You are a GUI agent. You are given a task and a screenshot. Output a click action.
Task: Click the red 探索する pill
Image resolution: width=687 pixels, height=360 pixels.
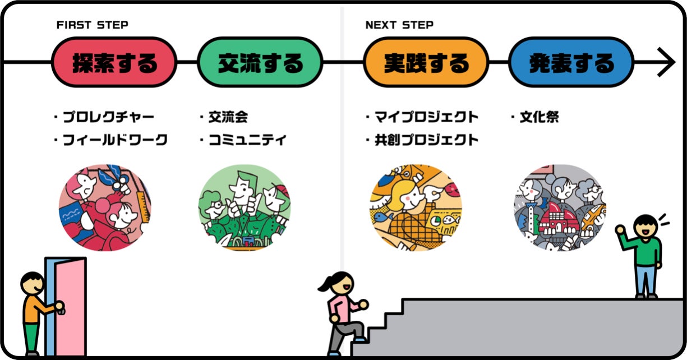[x=114, y=63]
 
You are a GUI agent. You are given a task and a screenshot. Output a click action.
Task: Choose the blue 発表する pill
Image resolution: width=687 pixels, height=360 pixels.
[x=571, y=63]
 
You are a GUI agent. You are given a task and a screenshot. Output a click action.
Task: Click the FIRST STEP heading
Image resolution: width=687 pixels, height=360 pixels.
[x=92, y=25]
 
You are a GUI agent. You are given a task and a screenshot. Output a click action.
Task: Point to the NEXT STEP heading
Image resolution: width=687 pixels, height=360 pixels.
[x=399, y=25]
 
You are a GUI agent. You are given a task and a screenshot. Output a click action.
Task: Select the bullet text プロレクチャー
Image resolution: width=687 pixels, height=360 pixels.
[x=108, y=117]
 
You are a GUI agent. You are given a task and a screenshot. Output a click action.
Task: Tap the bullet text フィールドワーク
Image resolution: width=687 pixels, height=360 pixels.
[x=114, y=140]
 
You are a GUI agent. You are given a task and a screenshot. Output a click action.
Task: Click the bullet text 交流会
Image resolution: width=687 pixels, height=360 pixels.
[x=227, y=117]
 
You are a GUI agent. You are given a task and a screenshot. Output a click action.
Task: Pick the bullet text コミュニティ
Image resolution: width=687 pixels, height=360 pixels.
[x=246, y=140]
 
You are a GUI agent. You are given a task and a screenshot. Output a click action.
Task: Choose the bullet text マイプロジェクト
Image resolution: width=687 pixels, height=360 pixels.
[x=426, y=117]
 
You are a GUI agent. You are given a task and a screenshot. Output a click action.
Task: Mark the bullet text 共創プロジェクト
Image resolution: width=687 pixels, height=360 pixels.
[x=426, y=140]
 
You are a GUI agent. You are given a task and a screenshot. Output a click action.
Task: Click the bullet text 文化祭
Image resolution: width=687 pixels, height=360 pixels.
[x=539, y=117]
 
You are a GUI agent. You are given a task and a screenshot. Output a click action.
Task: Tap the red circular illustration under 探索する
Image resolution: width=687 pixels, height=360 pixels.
[x=105, y=207]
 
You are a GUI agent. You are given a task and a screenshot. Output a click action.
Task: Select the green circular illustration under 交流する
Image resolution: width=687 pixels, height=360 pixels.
[x=245, y=207]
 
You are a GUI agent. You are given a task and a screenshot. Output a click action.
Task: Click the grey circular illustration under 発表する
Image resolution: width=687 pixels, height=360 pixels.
[x=560, y=207]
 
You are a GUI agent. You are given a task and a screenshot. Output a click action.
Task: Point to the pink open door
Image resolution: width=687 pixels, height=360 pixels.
[x=66, y=306]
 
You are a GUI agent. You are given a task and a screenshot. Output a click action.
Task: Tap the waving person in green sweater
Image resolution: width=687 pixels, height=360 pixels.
[x=645, y=255]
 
